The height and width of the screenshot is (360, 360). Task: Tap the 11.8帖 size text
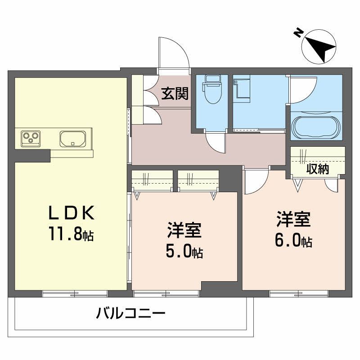pyautogui.click(x=72, y=234)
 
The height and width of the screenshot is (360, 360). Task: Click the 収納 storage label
pyautogui.click(x=318, y=169)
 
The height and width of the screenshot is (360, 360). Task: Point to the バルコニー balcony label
pyautogui.click(x=131, y=313)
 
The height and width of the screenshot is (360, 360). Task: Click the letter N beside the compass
pyautogui.click(x=297, y=32)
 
